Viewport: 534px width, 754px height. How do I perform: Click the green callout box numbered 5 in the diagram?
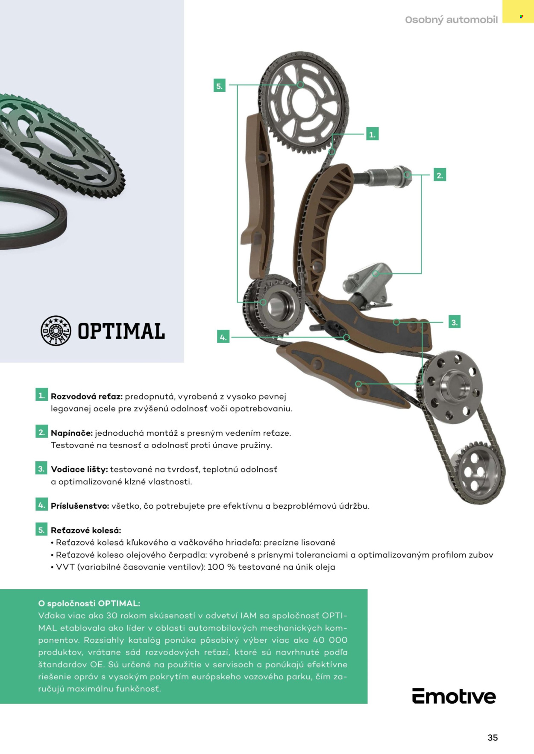click(219, 86)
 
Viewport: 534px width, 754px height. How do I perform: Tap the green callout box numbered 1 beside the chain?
click(372, 134)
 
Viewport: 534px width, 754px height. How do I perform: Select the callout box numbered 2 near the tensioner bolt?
click(440, 175)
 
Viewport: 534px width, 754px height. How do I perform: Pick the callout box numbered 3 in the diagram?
click(454, 322)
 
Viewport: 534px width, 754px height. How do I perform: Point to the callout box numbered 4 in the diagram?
click(223, 337)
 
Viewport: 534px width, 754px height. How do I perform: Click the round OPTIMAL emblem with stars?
click(56, 331)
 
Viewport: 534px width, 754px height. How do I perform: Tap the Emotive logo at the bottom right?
click(454, 696)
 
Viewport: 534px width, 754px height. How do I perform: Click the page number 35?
click(493, 738)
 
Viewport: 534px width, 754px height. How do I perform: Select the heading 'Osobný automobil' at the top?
click(451, 20)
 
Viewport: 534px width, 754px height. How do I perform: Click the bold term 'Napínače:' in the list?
click(72, 433)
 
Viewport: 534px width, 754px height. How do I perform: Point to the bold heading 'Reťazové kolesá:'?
click(86, 530)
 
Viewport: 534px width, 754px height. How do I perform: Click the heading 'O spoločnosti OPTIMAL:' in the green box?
click(89, 603)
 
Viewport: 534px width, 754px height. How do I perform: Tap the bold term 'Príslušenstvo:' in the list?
click(80, 506)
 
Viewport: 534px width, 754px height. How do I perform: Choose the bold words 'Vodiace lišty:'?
click(79, 469)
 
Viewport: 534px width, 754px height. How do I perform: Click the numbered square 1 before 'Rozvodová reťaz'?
click(41, 395)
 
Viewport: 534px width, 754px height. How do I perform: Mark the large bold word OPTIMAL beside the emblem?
click(121, 331)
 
